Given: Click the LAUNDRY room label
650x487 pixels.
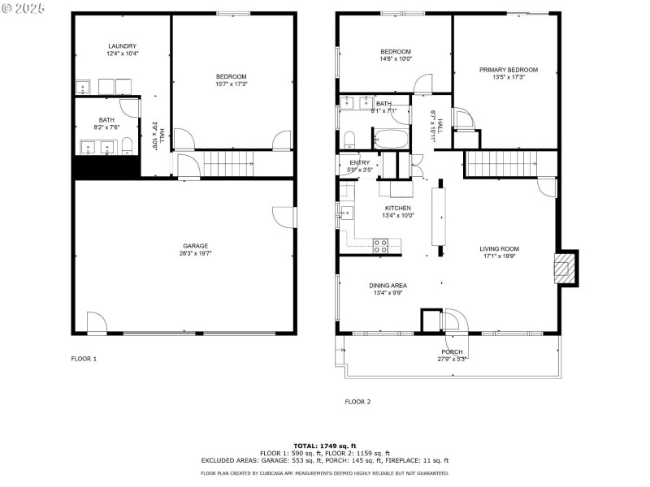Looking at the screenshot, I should click(122, 46).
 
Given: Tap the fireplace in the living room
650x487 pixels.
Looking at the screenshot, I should click(565, 267).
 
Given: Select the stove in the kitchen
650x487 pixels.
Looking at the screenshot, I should click(380, 245).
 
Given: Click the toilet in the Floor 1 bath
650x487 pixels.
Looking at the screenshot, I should click(127, 146).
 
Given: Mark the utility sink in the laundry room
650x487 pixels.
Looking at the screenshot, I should click(83, 87).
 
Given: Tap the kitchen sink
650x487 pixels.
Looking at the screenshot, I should click(346, 214).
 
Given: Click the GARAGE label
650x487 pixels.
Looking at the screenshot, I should click(195, 246).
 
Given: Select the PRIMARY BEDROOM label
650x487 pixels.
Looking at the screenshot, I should click(508, 70).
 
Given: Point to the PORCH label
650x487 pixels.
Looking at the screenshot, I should click(452, 351).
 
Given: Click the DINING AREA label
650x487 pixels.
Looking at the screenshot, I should click(388, 285).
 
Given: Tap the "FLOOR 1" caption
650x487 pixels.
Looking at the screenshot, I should click(84, 358).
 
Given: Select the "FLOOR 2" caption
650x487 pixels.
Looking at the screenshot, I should click(357, 401).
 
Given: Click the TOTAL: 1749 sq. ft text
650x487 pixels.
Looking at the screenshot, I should click(324, 446).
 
